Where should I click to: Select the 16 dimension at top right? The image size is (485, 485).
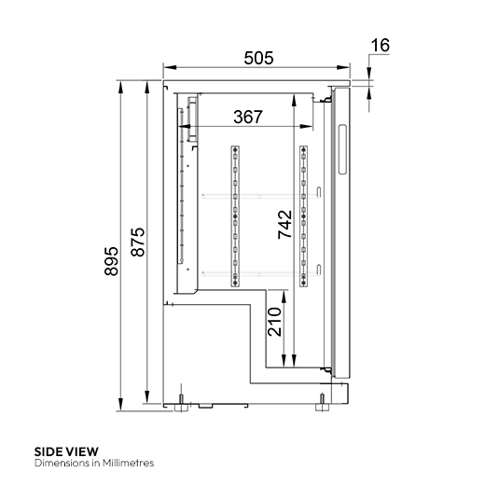pyautogui.click(x=380, y=45)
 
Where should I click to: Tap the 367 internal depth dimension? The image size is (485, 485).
pyautogui.click(x=247, y=117)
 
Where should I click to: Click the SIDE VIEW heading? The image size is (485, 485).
pyautogui.click(x=66, y=450)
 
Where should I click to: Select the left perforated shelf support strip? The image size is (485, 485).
pyautogui.click(x=234, y=215)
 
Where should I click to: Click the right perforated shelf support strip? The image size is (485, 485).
pyautogui.click(x=303, y=215)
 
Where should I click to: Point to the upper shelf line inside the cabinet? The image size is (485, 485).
pyautogui.click(x=252, y=196)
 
